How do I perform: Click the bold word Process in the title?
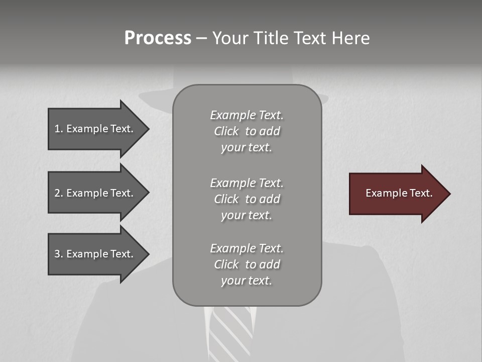click(x=158, y=38)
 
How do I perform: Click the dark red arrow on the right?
click(x=397, y=193)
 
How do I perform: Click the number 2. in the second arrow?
click(x=59, y=193)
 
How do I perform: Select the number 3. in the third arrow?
click(x=59, y=254)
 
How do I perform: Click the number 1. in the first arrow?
click(x=59, y=129)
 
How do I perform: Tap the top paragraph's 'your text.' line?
click(x=247, y=148)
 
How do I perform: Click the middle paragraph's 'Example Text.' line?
click(x=247, y=183)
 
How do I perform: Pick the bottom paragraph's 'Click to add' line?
click(x=247, y=264)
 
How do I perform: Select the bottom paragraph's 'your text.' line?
click(x=247, y=281)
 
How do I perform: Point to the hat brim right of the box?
click(x=325, y=99)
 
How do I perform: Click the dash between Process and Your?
click(x=201, y=38)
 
